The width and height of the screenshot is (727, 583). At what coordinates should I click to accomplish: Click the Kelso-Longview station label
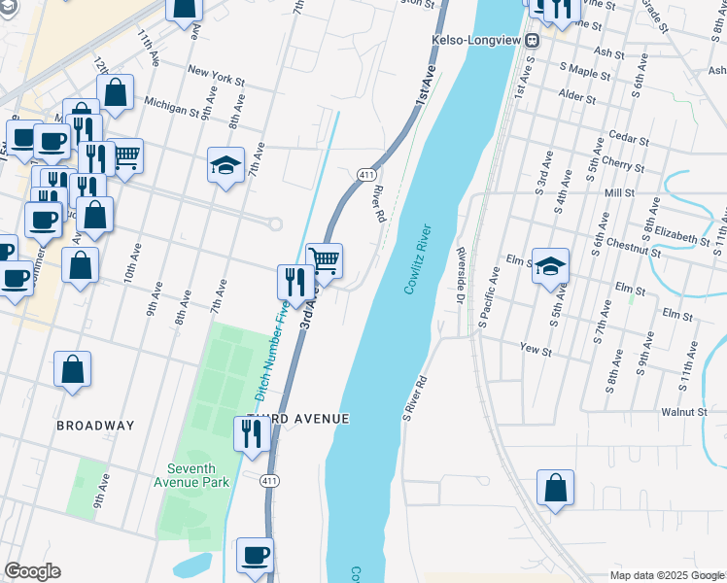click(476, 41)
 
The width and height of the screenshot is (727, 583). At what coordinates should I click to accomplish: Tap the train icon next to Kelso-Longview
click(533, 41)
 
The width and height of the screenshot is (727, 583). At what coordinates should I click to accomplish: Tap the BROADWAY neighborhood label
click(95, 426)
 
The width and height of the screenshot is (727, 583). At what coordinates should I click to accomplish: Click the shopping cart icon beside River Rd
click(325, 260)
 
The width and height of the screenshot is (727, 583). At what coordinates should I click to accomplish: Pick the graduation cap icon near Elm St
click(551, 266)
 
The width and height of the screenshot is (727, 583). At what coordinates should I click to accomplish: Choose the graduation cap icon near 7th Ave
click(225, 165)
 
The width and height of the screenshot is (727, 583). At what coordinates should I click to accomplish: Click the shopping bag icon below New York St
click(116, 93)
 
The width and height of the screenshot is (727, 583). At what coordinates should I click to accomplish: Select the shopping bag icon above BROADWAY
click(72, 369)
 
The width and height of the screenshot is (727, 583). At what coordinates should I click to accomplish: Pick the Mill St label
click(619, 193)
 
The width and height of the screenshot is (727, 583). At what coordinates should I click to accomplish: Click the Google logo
click(32, 571)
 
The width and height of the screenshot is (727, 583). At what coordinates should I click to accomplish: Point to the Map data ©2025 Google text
click(667, 575)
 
